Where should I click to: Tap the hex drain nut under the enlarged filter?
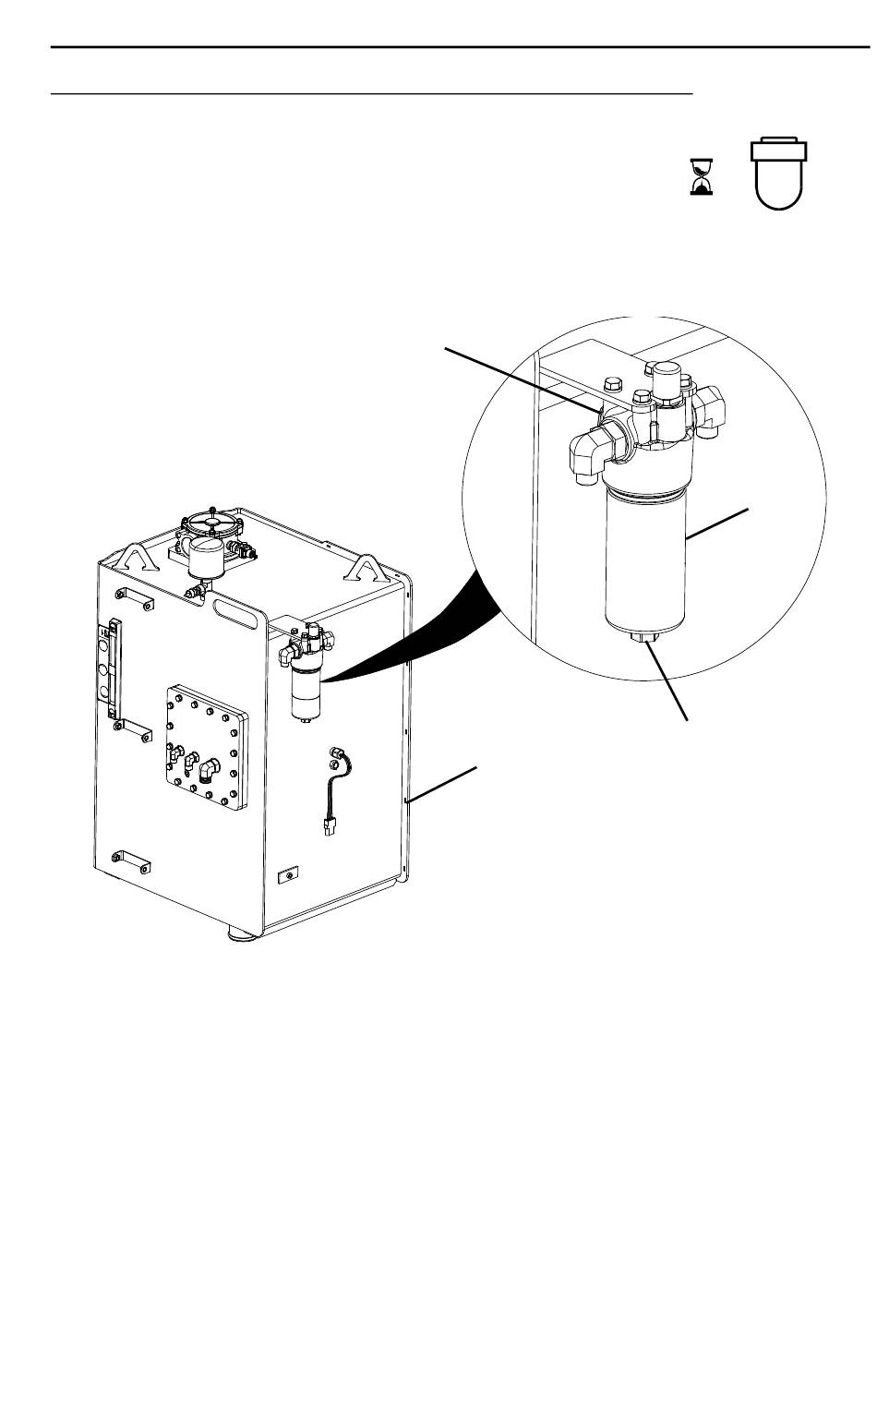643,638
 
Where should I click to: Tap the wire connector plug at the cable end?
328,827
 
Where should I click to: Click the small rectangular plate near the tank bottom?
290,874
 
